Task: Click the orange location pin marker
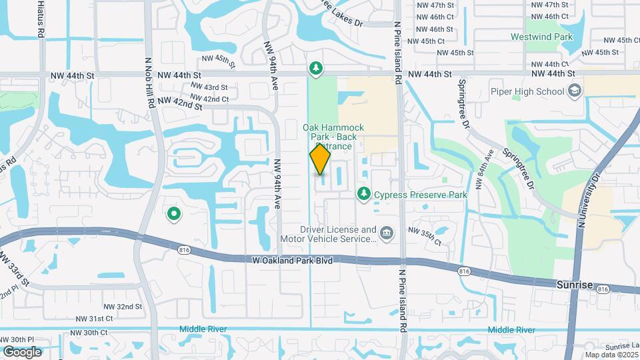tap(320, 159)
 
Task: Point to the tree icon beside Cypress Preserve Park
tap(363, 194)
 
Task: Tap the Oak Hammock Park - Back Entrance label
tap(329, 136)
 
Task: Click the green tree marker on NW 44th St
tap(315, 69)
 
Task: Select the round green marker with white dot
tap(174, 213)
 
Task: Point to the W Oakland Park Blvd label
tap(293, 261)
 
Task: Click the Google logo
tap(22, 351)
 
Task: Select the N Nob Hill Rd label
tap(150, 81)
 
